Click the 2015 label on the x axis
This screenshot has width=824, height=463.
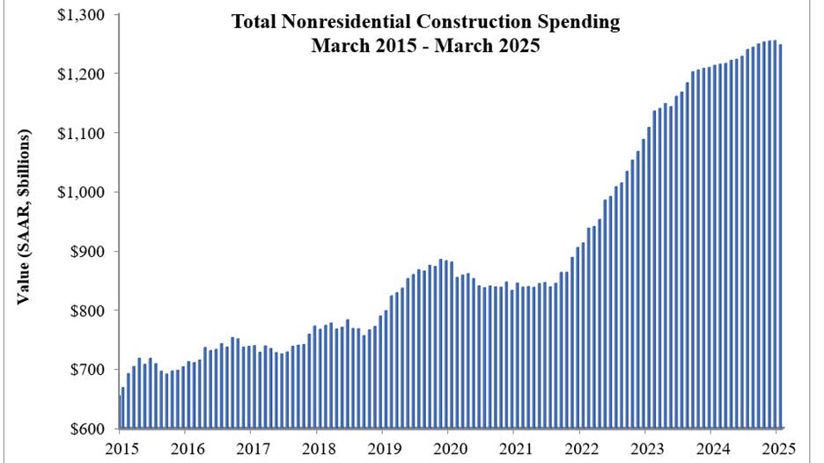(119, 448)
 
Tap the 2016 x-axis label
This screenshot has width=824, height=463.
(185, 448)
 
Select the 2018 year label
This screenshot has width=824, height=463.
(316, 448)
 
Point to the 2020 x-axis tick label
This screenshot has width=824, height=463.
(448, 448)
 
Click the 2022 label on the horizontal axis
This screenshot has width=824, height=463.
(579, 448)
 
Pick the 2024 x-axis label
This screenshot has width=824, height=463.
(711, 448)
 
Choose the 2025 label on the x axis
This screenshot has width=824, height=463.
(777, 448)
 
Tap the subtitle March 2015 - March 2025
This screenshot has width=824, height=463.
(424, 46)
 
